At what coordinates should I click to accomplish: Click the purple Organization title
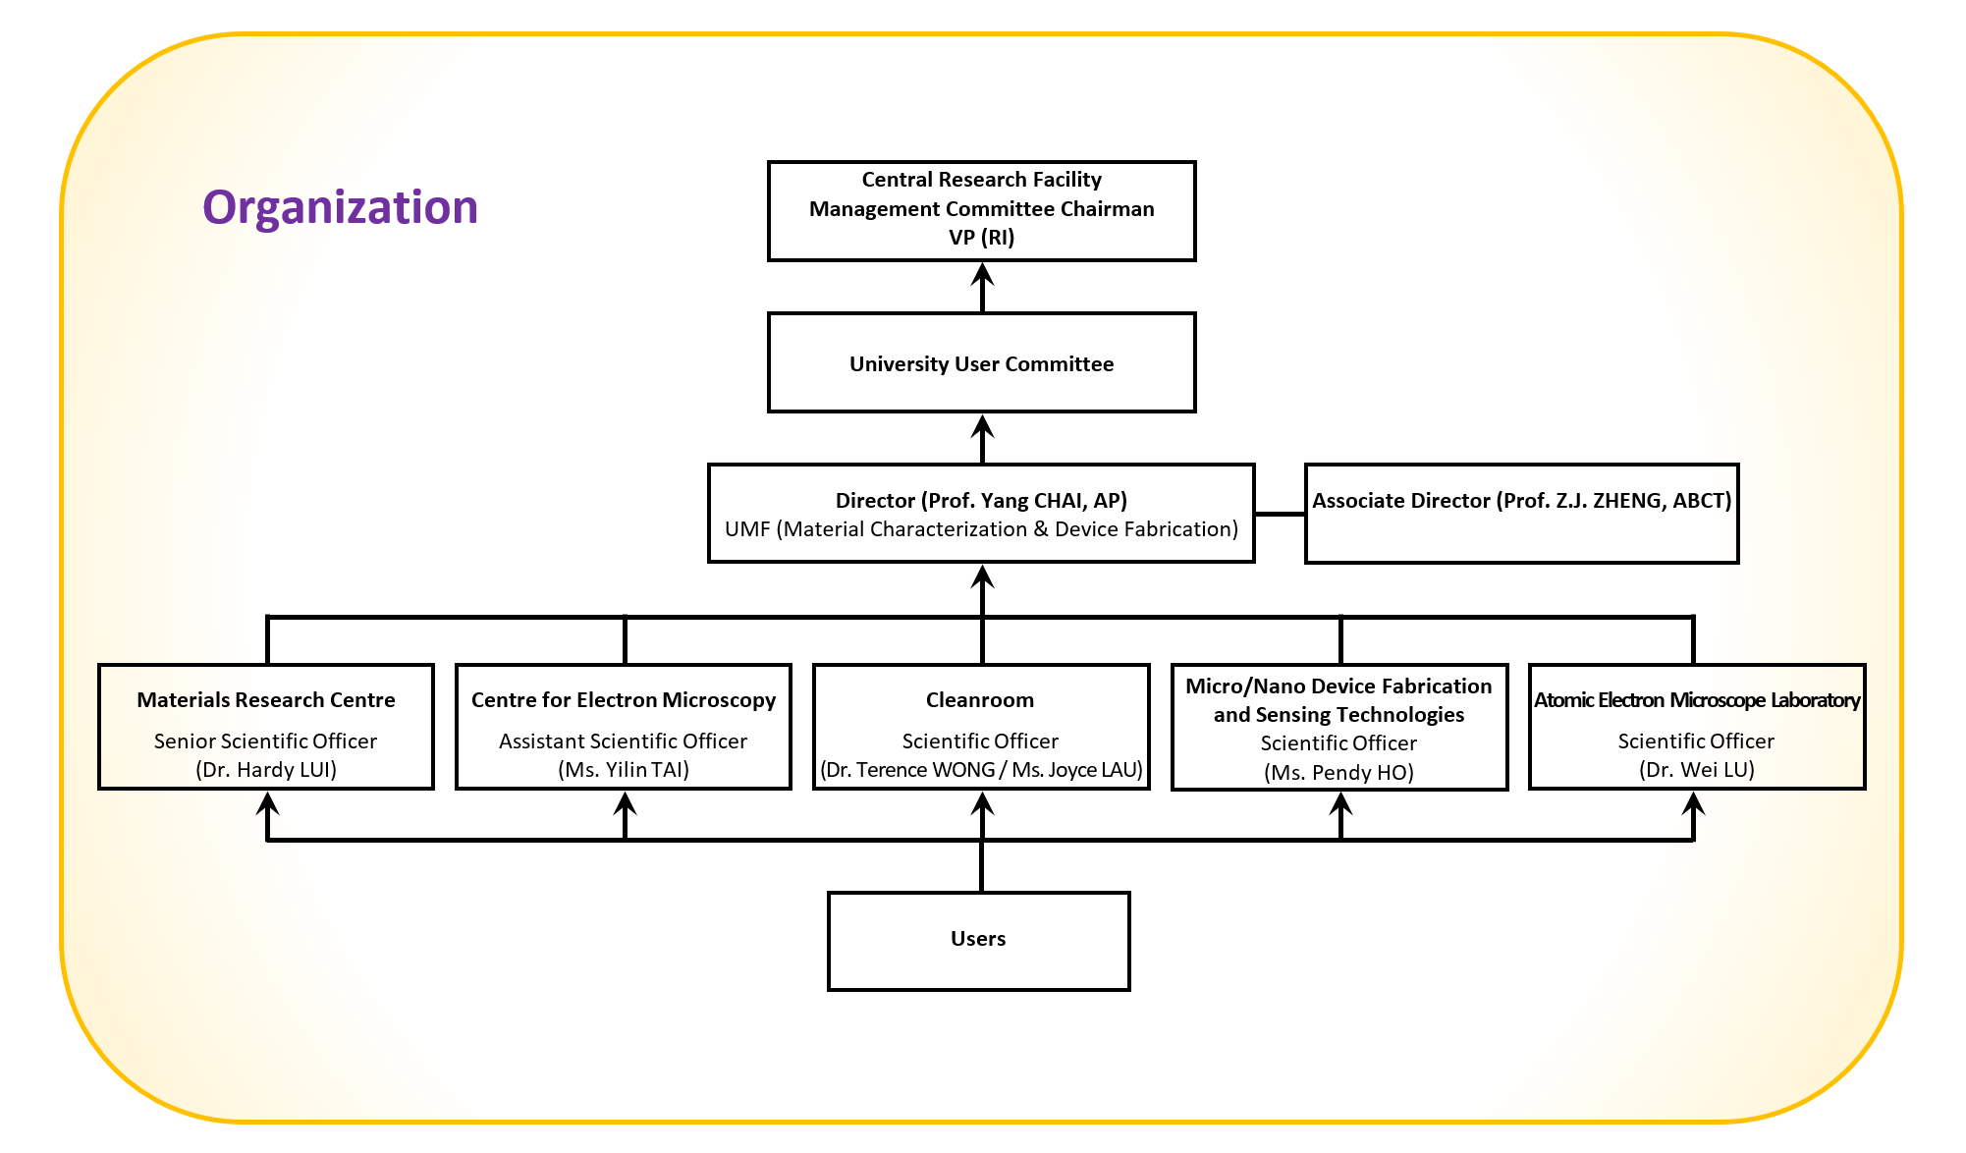340,207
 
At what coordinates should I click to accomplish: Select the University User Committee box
981,363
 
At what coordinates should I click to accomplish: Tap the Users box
978,940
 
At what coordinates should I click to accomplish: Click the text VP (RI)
981,238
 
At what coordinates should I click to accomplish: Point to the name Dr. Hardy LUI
266,770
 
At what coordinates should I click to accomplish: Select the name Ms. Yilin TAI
624,770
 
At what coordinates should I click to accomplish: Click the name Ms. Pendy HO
1338,773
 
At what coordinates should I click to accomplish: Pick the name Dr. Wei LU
1696,770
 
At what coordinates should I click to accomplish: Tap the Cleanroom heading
980,700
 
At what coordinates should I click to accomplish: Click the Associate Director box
1521,514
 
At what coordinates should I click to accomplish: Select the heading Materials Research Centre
266,700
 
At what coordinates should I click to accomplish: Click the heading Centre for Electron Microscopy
624,700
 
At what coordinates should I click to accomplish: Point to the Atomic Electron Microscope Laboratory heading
1696,700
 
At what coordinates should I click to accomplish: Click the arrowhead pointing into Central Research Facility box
982,274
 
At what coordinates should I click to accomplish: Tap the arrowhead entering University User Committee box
982,425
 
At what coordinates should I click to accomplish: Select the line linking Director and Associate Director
1280,514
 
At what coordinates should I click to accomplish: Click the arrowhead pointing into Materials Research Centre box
267,803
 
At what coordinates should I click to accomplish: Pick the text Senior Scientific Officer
266,741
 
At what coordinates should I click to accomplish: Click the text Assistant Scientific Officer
624,741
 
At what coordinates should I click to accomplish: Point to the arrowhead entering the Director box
982,576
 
